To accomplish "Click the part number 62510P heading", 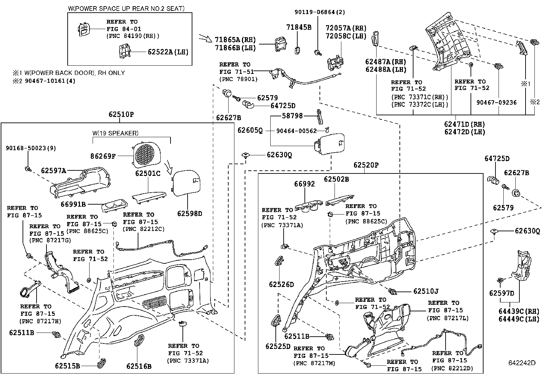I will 121,114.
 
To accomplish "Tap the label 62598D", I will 190,214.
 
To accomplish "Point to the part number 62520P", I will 366,165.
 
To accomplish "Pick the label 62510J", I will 426,291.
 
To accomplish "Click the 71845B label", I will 299,27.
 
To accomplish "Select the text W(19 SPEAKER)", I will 115,133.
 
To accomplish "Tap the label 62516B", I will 139,366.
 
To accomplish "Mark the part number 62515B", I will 67,366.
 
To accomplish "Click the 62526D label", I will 281,284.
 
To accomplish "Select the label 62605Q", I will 250,130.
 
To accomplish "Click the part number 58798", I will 292,116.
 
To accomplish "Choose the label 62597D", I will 502,293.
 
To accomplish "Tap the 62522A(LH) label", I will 168,52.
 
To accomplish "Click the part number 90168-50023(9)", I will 30,148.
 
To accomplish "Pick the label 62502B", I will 337,179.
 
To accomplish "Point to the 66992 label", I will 304,184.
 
